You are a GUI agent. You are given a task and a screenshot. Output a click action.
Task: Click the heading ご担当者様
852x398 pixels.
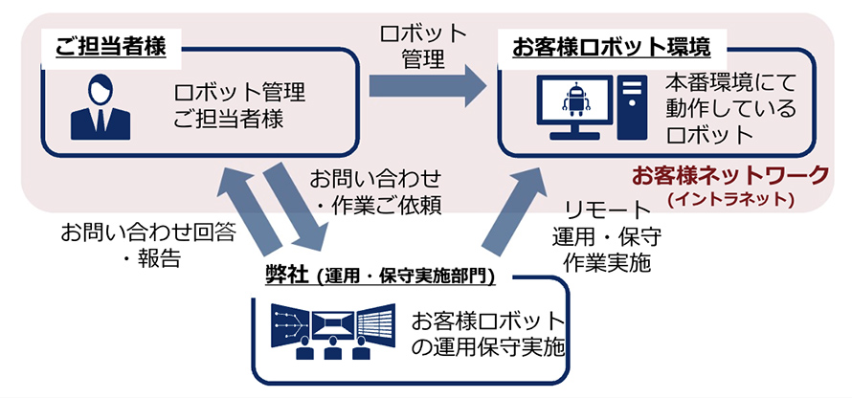coord(111,45)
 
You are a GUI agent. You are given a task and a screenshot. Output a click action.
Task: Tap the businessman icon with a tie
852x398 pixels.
coord(99,107)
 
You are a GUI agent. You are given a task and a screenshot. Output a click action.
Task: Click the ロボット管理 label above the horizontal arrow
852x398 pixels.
coord(424,45)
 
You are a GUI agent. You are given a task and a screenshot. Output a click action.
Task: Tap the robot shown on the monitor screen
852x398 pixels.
coord(576,99)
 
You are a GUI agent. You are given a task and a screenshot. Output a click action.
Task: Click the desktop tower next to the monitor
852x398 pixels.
coord(632,105)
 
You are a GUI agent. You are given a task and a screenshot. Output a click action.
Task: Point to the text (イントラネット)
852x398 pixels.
coord(731,199)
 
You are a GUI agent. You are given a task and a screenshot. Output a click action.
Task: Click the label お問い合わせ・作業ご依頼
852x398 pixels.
coord(376,190)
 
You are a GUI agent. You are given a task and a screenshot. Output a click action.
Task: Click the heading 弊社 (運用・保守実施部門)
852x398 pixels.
coord(380,276)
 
